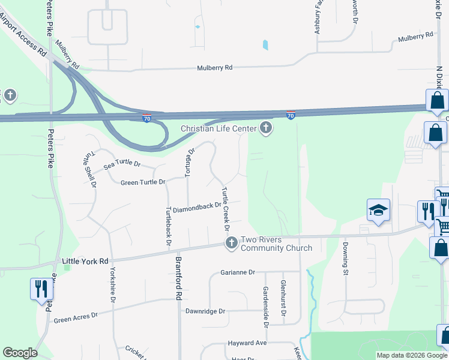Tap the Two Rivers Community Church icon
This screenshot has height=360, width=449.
pyautogui.click(x=232, y=243)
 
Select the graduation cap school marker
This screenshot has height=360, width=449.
pyautogui.click(x=378, y=211)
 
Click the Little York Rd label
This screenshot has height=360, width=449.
pyautogui.click(x=86, y=262)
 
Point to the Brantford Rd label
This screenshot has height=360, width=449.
pyautogui.click(x=178, y=279)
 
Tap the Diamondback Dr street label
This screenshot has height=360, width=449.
pyautogui.click(x=197, y=210)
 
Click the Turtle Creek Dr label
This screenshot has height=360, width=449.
pyautogui.click(x=226, y=209)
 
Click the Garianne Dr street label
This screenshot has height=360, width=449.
pyautogui.click(x=238, y=272)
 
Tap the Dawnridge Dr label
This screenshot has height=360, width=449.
pyautogui.click(x=205, y=311)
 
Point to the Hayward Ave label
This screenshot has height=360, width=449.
pyautogui.click(x=247, y=344)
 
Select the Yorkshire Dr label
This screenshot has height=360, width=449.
pyautogui.click(x=112, y=286)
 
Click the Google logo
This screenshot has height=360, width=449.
pyautogui.click(x=20, y=353)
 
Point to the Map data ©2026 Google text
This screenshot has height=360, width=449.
pyautogui.click(x=411, y=355)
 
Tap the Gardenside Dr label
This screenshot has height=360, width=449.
pyautogui.click(x=265, y=307)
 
